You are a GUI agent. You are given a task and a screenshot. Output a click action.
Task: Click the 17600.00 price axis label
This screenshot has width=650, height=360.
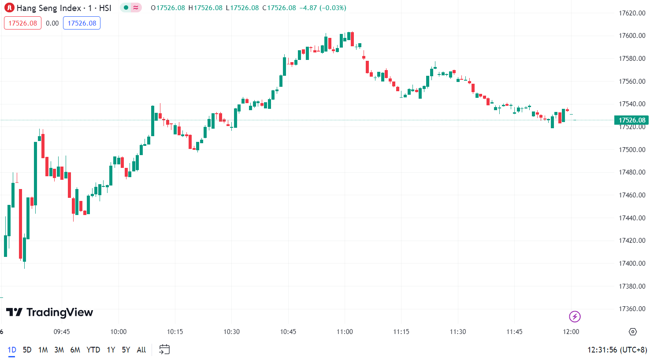click(x=632, y=36)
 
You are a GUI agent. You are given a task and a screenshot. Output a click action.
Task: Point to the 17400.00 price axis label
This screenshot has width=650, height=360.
click(x=632, y=264)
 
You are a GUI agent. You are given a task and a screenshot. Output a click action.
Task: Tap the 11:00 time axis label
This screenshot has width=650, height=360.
click(x=345, y=332)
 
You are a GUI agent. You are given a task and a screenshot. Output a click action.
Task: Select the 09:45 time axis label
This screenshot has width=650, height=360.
click(x=62, y=332)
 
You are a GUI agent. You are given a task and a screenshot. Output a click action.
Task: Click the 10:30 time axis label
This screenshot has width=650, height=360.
click(x=231, y=332)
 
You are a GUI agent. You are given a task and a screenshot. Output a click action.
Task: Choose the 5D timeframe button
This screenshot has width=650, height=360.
click(x=27, y=350)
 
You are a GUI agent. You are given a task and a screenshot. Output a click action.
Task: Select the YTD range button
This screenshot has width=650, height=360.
click(x=93, y=350)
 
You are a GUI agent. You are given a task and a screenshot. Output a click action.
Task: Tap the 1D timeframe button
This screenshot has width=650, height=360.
click(x=12, y=350)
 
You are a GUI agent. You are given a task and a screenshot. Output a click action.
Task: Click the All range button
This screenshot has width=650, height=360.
click(x=141, y=350)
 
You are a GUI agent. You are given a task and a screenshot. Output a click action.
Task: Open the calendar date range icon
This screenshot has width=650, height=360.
click(x=164, y=350)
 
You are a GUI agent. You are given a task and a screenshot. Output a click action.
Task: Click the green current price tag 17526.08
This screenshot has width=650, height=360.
click(x=631, y=120)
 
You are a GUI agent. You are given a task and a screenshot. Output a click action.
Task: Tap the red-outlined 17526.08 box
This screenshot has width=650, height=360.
click(x=22, y=23)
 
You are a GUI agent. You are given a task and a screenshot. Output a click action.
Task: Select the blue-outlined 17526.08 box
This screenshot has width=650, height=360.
click(x=82, y=23)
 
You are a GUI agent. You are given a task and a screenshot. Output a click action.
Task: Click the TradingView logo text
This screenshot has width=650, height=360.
click(x=49, y=312)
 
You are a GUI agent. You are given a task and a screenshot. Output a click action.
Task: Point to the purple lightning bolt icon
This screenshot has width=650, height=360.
click(x=575, y=316)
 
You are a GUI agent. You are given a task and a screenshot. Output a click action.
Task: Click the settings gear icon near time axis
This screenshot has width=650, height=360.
click(x=633, y=332)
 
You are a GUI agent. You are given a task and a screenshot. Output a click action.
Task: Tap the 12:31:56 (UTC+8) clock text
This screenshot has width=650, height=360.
click(x=617, y=350)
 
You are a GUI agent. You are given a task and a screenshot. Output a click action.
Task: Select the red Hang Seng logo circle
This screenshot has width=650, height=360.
click(x=9, y=8)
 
